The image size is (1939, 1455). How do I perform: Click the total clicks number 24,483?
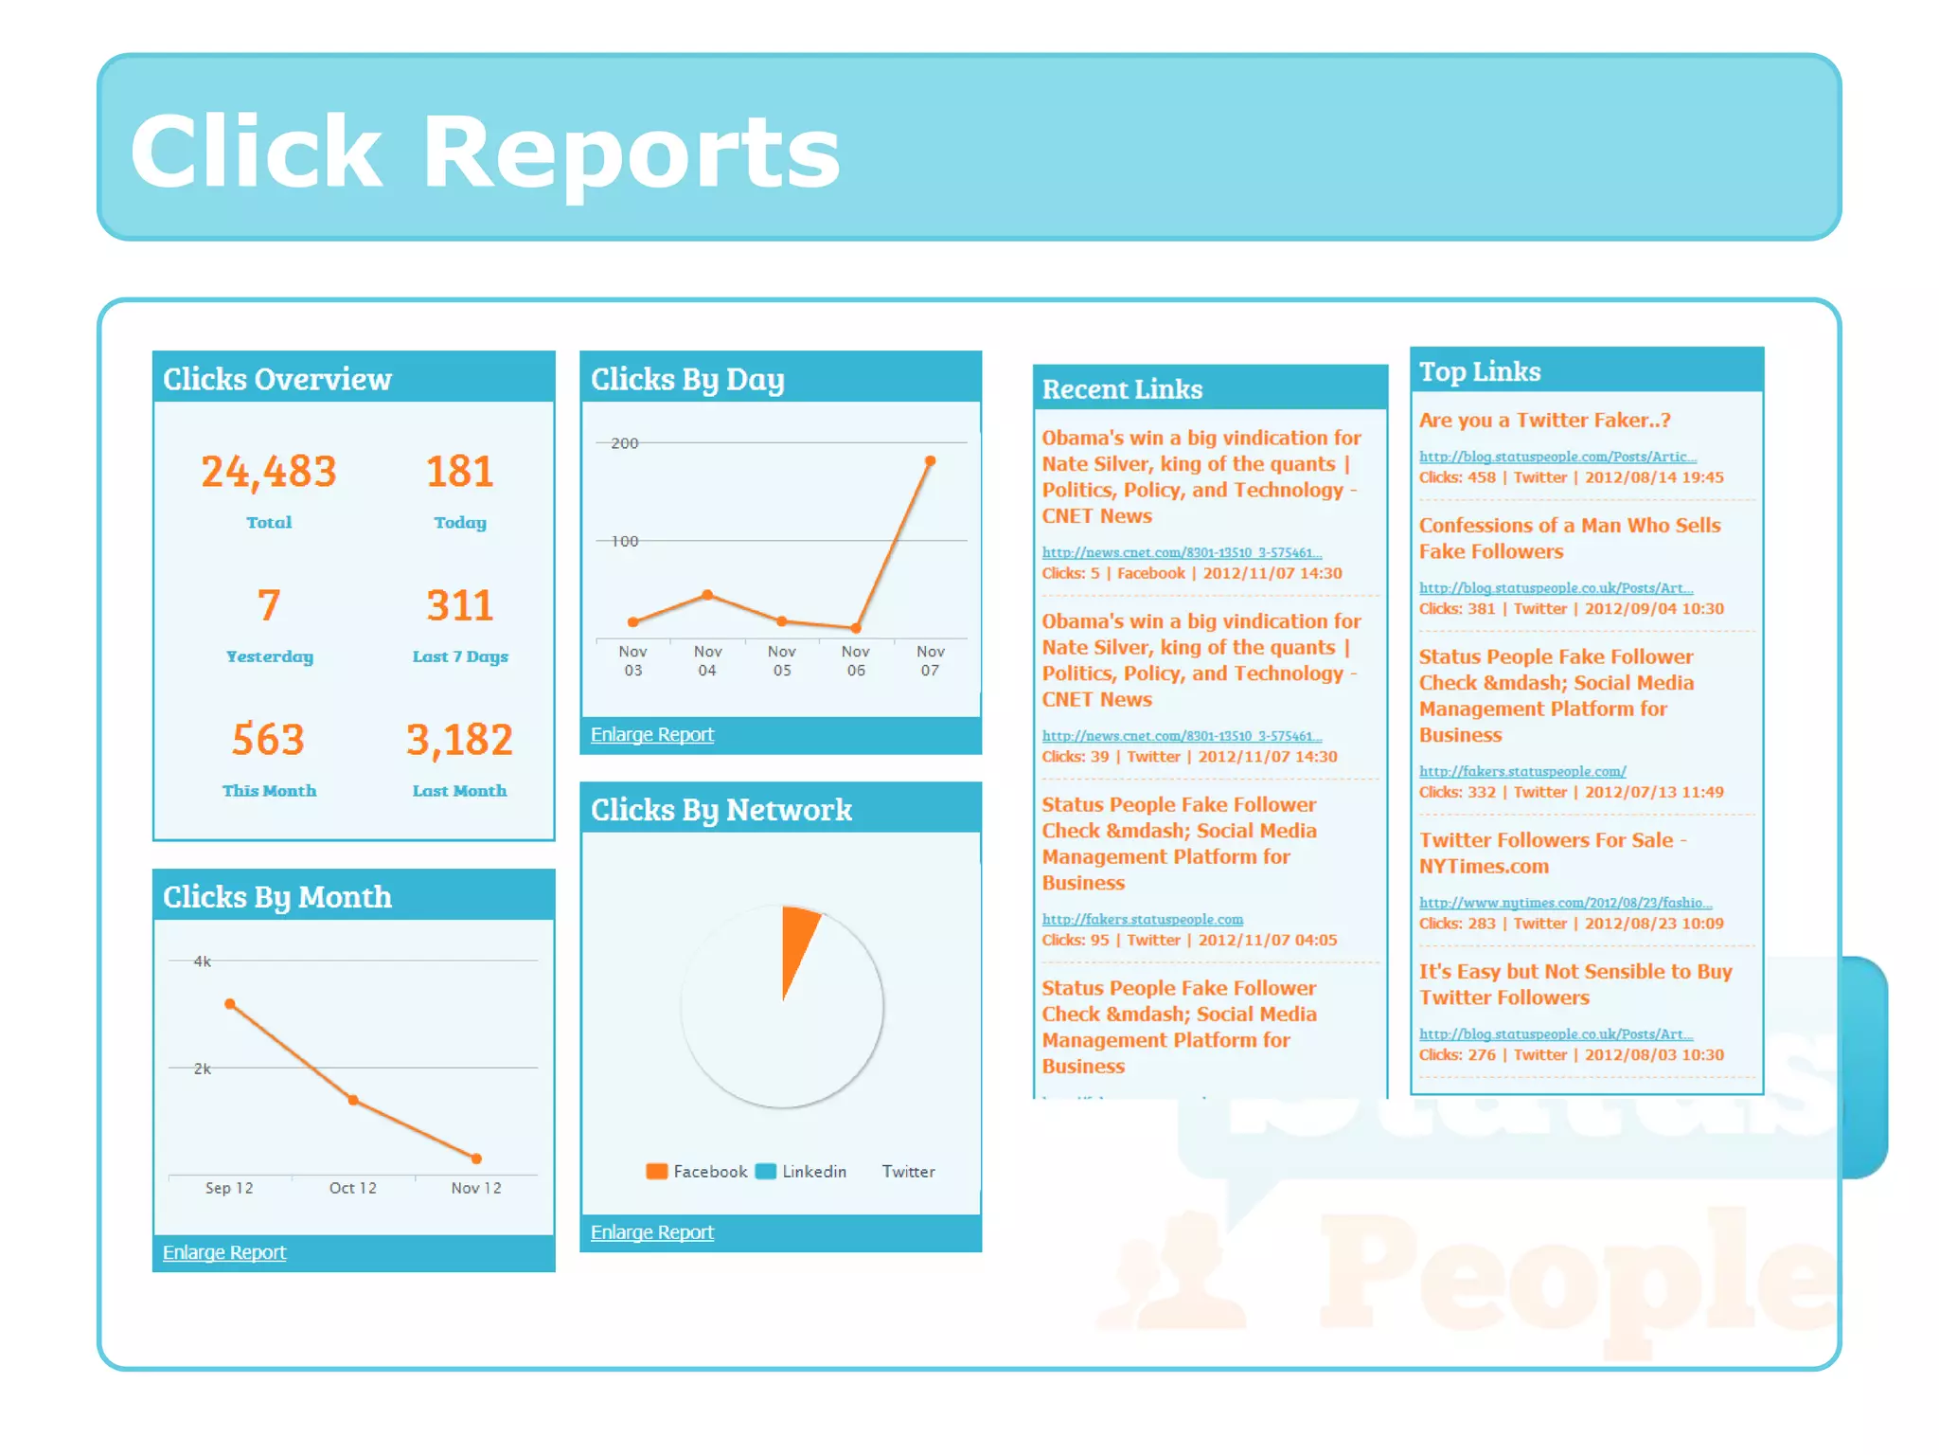pyautogui.click(x=269, y=472)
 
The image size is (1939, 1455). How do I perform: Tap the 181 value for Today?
pyautogui.click(x=459, y=472)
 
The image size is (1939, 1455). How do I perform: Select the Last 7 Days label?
pyautogui.click(x=459, y=656)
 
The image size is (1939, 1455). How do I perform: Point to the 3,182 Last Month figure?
pyautogui.click(x=459, y=740)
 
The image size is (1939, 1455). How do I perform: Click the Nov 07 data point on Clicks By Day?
pyautogui.click(x=930, y=461)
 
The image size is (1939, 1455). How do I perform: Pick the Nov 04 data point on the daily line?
pyautogui.click(x=707, y=595)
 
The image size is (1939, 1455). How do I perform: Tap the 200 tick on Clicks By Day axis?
pyautogui.click(x=624, y=443)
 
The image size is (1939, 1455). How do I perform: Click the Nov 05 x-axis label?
pyautogui.click(x=781, y=660)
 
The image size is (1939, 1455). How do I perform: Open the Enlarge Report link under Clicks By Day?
pyautogui.click(x=651, y=735)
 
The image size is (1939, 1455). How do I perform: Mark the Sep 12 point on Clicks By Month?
pyautogui.click(x=230, y=1004)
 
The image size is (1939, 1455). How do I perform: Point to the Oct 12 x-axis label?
pyautogui.click(x=352, y=1188)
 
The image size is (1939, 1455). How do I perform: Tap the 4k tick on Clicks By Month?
pyautogui.click(x=202, y=961)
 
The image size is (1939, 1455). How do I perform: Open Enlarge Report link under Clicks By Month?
pyautogui.click(x=223, y=1252)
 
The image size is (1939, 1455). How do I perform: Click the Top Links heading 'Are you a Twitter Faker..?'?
pyautogui.click(x=1544, y=421)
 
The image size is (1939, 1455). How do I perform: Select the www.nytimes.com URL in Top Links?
pyautogui.click(x=1565, y=903)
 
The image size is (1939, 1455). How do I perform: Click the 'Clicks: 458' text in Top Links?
pyautogui.click(x=1456, y=477)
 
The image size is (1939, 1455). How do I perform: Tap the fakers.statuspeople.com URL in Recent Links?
pyautogui.click(x=1142, y=919)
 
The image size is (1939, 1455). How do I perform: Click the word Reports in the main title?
pyautogui.click(x=631, y=152)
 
